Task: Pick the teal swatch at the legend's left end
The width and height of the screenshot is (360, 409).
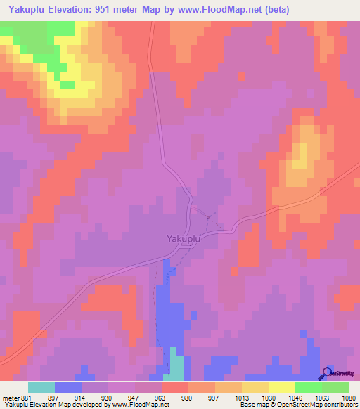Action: coord(41,387)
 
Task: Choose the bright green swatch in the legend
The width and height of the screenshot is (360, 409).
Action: coord(308,387)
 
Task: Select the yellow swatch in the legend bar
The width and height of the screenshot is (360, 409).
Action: coord(281,387)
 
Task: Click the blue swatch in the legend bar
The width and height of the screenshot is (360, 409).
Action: coord(68,387)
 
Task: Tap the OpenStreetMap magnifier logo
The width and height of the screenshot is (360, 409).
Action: coord(328,374)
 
